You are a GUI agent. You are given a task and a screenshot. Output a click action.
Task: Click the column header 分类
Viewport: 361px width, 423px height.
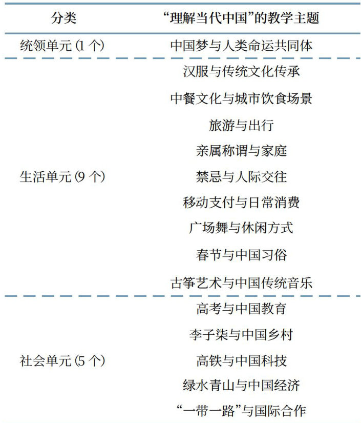[63, 18]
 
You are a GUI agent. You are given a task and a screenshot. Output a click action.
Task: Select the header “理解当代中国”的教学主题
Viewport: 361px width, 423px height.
[241, 18]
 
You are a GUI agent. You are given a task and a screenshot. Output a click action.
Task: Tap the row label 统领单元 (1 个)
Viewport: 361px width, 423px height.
[62, 46]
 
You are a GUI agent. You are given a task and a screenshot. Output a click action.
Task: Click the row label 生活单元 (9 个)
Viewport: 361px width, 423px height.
[62, 177]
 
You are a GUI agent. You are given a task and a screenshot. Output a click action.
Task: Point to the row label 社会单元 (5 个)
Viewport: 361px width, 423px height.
[62, 361]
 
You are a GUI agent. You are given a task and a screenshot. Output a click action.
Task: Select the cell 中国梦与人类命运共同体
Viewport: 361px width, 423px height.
[241, 46]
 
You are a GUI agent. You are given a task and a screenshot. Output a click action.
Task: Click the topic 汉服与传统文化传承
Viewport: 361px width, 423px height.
[241, 72]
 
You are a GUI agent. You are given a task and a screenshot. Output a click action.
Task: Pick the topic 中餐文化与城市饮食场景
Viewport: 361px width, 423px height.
[241, 98]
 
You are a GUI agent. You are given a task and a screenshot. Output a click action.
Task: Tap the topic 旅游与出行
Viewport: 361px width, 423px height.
[241, 125]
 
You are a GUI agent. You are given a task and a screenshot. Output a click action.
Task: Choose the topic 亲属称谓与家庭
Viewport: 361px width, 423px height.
[241, 151]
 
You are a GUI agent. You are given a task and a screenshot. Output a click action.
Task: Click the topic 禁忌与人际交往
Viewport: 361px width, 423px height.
[241, 177]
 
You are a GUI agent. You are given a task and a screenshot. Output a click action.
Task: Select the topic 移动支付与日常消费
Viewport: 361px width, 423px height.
[241, 203]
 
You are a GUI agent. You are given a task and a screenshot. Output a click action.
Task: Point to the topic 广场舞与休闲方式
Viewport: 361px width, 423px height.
[241, 228]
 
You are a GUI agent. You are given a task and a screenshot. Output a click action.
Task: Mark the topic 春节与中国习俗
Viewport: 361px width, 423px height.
[241, 255]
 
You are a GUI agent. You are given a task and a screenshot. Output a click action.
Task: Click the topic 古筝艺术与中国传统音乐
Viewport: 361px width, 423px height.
[241, 283]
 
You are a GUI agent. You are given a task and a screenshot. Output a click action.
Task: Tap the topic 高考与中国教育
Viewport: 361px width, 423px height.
[241, 309]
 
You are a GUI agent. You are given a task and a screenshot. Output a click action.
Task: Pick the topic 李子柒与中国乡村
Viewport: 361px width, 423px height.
[241, 335]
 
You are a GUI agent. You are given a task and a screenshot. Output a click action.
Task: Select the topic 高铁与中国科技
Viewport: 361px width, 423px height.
[241, 361]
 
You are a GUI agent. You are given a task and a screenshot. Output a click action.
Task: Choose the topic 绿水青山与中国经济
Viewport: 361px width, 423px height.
[241, 386]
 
